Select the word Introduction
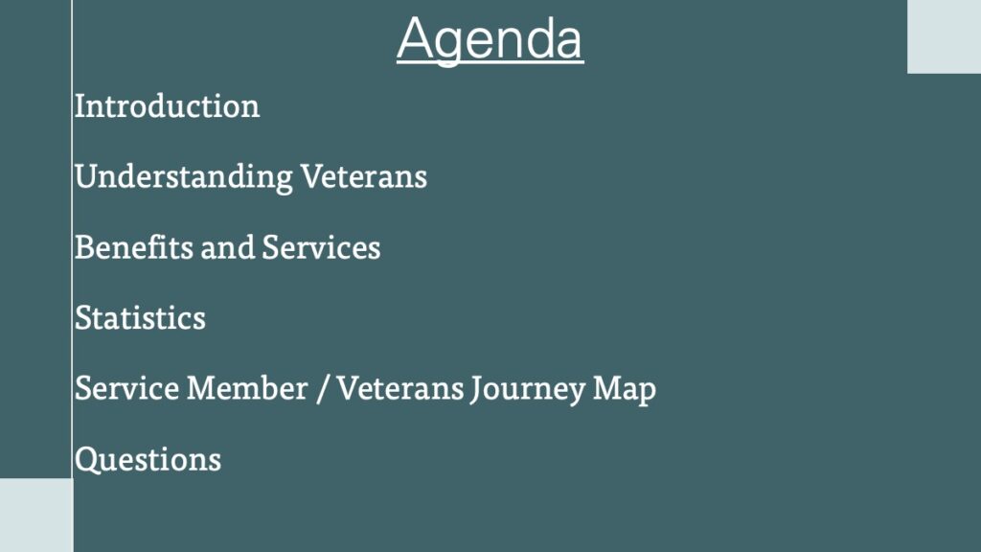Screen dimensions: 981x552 [167, 105]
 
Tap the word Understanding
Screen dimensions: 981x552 [183, 177]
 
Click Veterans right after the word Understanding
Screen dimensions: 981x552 [363, 176]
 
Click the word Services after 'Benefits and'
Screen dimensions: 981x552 [321, 247]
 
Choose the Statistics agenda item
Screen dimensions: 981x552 [140, 318]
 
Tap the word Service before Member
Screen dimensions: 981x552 [127, 388]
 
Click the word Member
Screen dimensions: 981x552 [247, 388]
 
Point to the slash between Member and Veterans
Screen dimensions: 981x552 [322, 389]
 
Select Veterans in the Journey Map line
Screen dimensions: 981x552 [399, 388]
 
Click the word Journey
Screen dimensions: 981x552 [528, 390]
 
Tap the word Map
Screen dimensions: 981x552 [625, 390]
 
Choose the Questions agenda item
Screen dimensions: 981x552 [148, 460]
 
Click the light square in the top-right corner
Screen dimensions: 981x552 [944, 36]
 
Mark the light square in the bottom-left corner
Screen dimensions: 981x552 [36, 515]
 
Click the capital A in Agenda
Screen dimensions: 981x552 [416, 38]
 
